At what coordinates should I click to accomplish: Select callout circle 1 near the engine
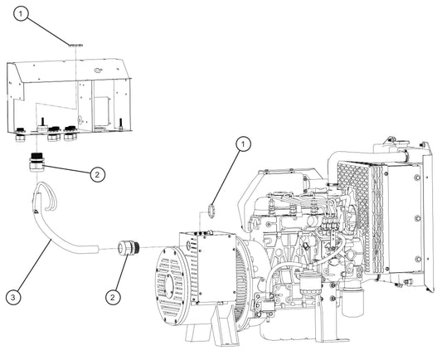coord(243,144)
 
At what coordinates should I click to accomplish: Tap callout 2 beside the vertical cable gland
coord(98,175)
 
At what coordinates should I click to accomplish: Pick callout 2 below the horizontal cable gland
coord(113,298)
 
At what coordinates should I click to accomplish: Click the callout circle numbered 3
coord(13,297)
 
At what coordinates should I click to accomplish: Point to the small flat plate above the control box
coord(75,45)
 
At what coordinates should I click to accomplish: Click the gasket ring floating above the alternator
coord(211,212)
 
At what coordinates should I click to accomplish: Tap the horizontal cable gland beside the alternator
coord(129,247)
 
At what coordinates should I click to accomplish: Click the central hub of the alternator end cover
coord(169,285)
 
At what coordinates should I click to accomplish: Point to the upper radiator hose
coord(367,157)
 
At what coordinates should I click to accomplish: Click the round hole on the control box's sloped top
coord(98,70)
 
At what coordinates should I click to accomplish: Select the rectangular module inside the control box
coord(101,110)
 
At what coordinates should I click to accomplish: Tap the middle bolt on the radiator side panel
coord(417,218)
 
